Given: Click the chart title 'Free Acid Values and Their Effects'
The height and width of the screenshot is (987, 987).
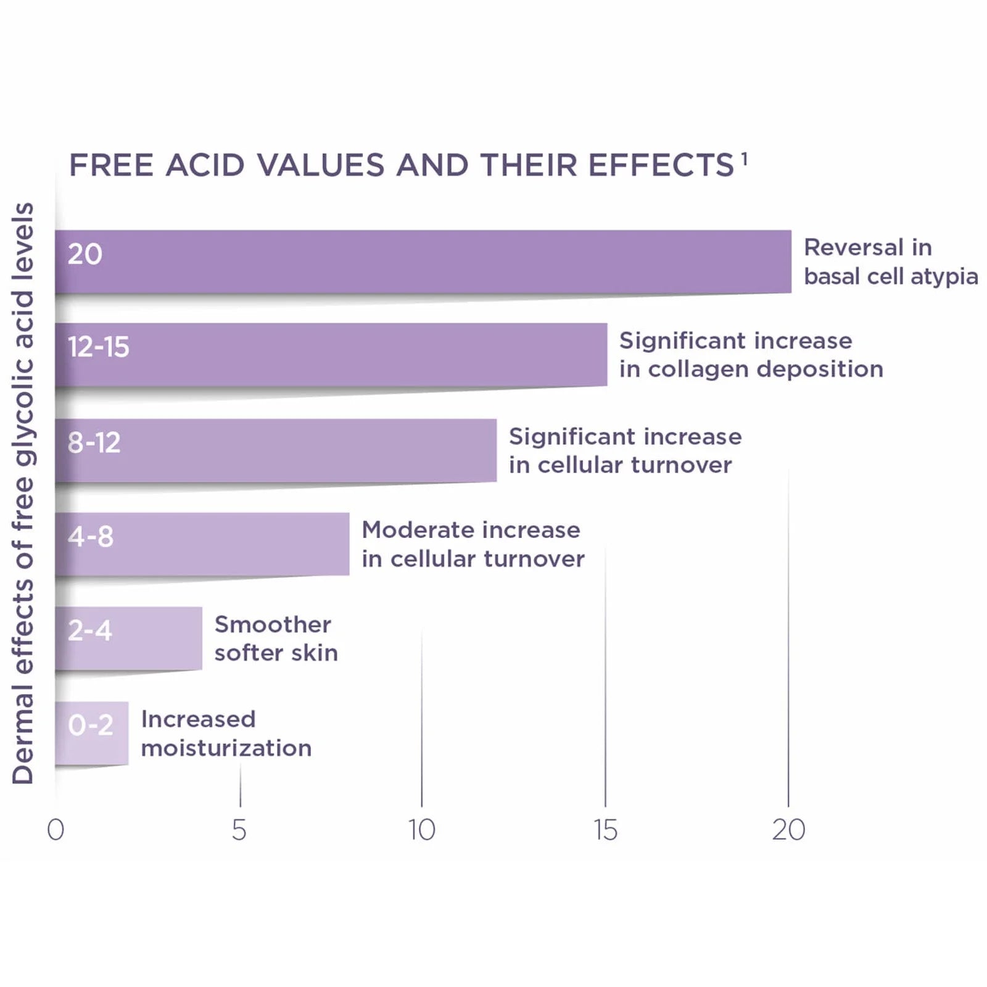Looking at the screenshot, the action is tap(402, 165).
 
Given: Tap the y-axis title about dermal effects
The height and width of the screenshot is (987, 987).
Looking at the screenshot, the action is tap(23, 493).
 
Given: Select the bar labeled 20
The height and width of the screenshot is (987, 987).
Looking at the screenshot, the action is tap(423, 262).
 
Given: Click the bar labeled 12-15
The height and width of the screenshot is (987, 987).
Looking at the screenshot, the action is tap(331, 355).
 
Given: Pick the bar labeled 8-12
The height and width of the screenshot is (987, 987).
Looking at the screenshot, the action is tap(276, 450).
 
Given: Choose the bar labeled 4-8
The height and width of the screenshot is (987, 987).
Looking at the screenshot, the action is tap(202, 544).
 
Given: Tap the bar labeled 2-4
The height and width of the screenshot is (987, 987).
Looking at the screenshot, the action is tap(128, 638).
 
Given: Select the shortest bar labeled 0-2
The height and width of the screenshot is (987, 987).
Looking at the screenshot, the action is tap(92, 733).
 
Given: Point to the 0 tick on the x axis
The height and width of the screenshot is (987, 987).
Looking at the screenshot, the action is tap(56, 830).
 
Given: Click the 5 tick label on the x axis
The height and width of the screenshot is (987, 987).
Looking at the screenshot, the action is tap(239, 830).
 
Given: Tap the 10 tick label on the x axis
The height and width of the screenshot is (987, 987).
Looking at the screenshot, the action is tap(422, 830).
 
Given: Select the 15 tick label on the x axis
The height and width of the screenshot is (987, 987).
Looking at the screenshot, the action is tap(605, 830).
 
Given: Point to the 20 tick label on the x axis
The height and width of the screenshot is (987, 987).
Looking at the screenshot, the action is tap(788, 830).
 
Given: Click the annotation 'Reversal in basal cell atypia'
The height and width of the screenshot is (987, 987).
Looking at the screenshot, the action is tap(891, 262).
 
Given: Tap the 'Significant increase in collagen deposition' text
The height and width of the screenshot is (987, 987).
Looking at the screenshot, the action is tap(751, 355).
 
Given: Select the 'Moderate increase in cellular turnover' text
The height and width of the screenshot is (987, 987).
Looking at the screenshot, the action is tap(473, 544).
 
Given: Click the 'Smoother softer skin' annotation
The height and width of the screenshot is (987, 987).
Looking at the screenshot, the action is tap(276, 638).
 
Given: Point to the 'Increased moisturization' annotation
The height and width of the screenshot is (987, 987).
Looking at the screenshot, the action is tap(226, 733).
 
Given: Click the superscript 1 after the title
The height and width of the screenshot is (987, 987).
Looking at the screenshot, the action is tap(745, 159).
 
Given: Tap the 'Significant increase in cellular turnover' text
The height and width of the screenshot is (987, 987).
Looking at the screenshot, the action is tap(625, 450).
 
